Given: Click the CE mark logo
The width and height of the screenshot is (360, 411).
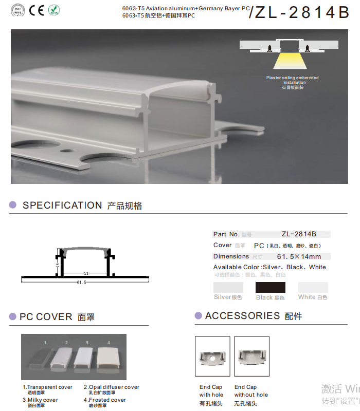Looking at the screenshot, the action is (36, 10).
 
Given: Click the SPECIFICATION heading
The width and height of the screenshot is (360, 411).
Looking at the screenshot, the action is (62, 206).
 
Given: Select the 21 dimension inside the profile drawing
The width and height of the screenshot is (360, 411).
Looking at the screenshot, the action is (86, 273).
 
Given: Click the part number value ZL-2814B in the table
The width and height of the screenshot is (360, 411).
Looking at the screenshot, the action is (299, 234).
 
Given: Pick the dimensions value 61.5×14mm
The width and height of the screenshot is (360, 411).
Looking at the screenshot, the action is (299, 256).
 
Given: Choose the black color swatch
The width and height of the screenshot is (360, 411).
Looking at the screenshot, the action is (270, 287).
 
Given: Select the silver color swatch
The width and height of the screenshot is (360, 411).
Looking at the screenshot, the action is (228, 287).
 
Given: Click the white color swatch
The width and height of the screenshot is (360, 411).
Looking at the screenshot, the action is (313, 287).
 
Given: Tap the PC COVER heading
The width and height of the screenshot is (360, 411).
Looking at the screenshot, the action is (46, 317).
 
